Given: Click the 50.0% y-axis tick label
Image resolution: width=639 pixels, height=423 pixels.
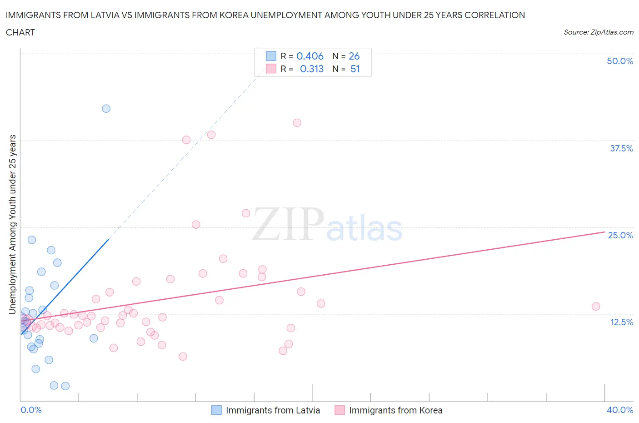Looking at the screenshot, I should (620, 61).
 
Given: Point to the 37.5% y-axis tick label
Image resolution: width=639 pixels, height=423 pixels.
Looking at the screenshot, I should (621, 148).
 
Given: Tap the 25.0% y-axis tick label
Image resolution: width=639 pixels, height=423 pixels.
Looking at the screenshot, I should (620, 235).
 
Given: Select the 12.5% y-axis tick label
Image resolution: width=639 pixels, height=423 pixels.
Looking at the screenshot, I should (621, 322).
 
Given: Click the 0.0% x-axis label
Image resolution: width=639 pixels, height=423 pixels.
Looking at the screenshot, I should (31, 410).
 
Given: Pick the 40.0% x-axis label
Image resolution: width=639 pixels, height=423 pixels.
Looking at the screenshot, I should (620, 410).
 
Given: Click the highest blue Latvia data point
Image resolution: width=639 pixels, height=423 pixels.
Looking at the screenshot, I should (106, 108).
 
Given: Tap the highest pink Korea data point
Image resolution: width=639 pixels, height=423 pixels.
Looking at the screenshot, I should (297, 122).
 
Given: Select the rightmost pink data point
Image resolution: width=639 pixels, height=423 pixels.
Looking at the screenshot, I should (596, 306).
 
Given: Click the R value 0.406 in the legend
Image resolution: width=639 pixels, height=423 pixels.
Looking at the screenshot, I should (310, 56).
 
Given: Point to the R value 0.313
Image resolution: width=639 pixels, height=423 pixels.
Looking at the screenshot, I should (312, 69).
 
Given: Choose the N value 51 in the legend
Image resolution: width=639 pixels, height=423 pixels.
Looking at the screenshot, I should (355, 69).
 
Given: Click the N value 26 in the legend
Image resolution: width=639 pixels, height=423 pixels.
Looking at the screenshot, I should (354, 56).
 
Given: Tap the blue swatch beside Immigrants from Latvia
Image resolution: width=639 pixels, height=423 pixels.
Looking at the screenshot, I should (216, 410).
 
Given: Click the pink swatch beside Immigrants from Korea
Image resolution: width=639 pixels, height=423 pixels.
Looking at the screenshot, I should (339, 410).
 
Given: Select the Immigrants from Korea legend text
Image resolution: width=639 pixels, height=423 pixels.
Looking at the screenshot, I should (395, 410).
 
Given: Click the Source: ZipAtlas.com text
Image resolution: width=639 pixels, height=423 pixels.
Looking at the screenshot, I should (598, 32).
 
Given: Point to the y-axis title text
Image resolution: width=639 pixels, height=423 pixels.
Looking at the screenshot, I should (13, 225).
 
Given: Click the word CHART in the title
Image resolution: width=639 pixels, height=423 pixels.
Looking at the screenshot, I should (20, 32).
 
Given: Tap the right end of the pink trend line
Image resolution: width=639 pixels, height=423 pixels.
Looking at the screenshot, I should (604, 232).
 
